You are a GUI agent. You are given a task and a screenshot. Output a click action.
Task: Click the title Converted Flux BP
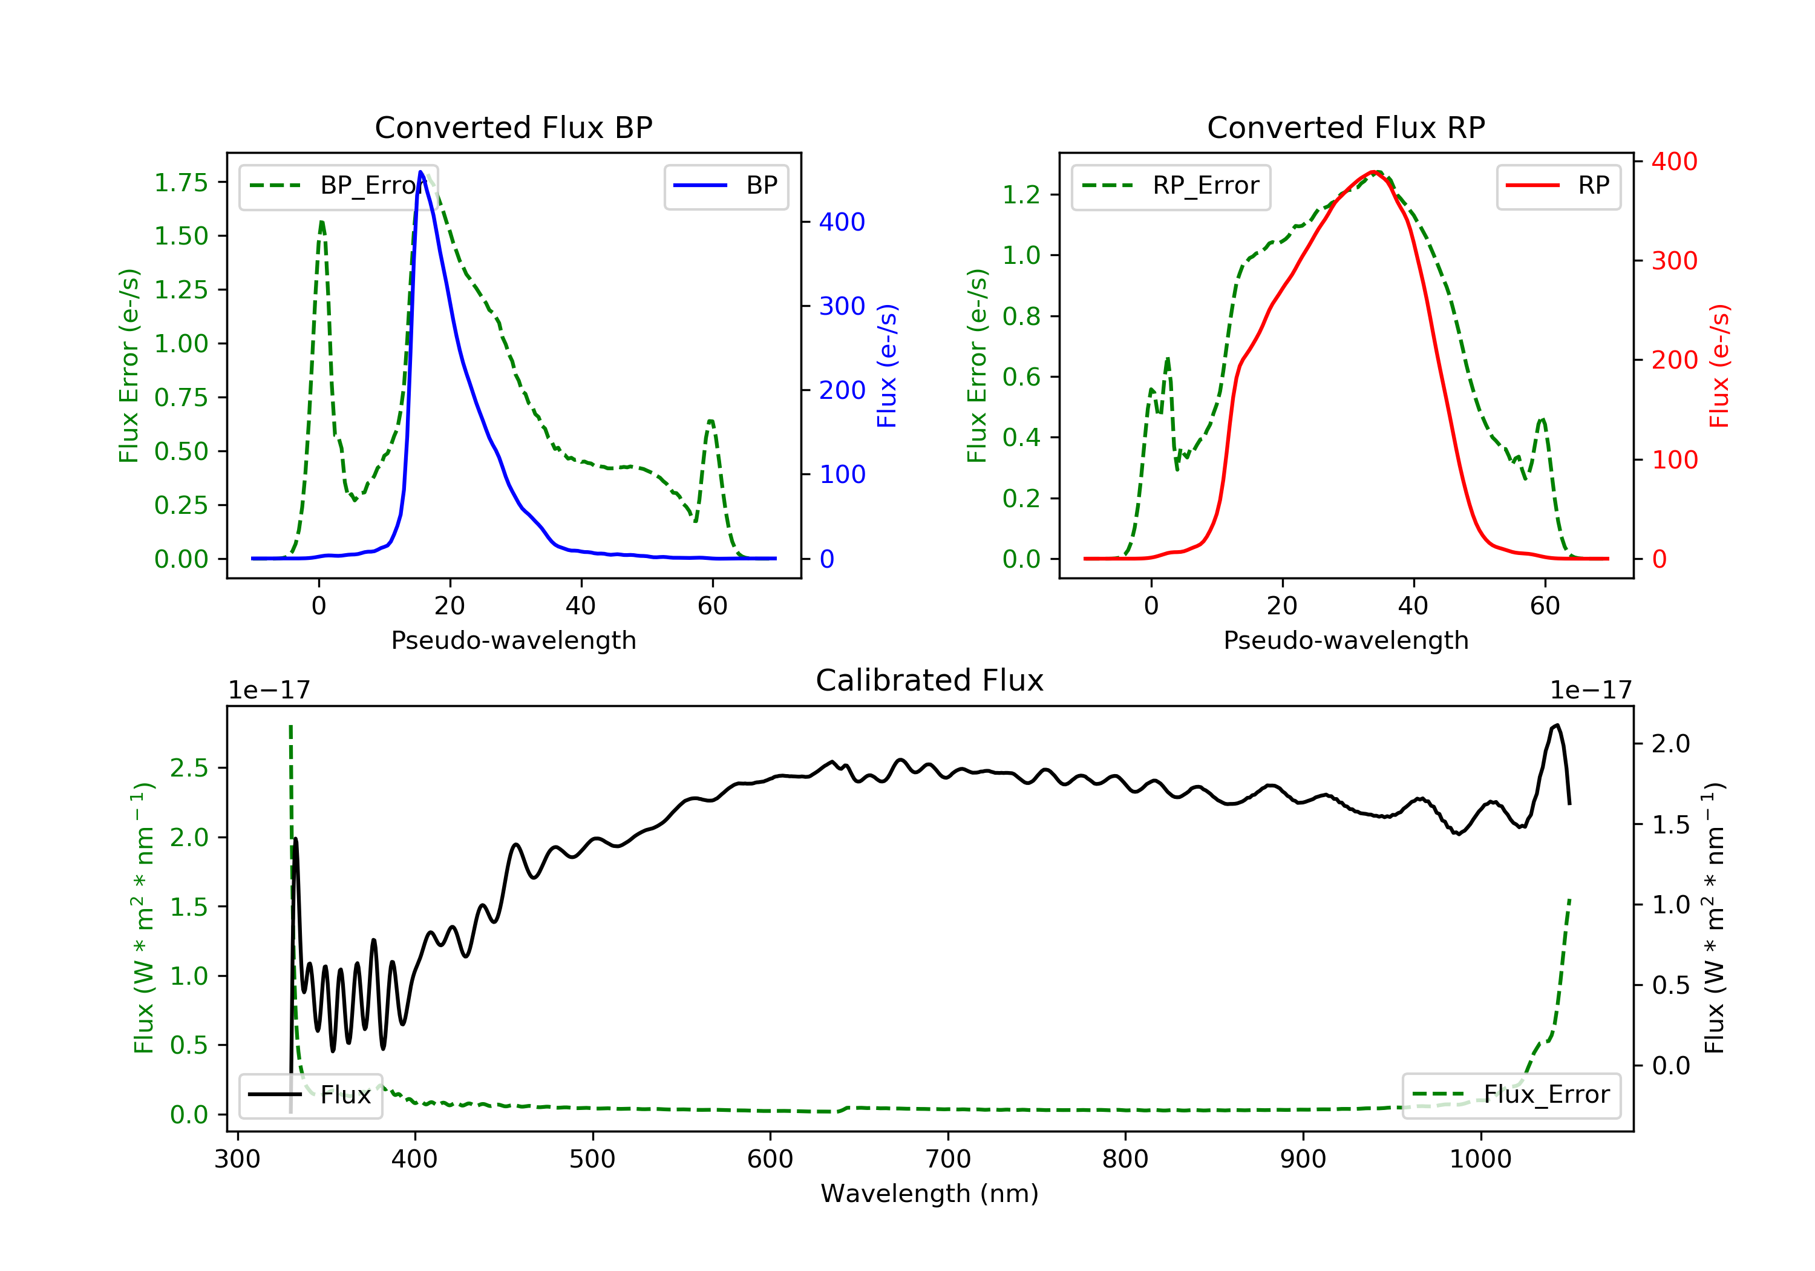tap(513, 127)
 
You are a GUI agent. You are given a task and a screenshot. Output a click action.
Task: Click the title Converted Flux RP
tap(1346, 127)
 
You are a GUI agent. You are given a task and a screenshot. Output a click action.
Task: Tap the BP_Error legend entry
tap(338, 186)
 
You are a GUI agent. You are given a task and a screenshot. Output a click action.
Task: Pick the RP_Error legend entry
tap(1171, 186)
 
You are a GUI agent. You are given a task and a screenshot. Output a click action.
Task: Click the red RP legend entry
tap(1558, 186)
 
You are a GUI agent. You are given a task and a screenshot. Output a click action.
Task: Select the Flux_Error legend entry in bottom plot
tap(1511, 1095)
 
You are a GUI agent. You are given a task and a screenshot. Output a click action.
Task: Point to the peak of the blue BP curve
tap(420, 172)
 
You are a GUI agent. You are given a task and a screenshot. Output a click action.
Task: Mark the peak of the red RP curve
tap(1376, 172)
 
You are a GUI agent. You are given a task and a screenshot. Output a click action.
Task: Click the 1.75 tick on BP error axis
tap(181, 183)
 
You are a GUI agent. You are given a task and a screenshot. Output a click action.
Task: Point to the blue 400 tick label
tap(842, 222)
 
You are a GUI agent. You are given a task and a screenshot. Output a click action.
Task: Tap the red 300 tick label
tap(1674, 261)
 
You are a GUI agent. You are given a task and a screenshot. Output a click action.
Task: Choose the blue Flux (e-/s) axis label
tap(887, 366)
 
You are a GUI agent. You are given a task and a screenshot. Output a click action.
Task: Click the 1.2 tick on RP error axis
tap(1021, 194)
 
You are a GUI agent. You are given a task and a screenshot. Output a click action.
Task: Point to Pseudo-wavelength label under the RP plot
tap(1346, 640)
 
